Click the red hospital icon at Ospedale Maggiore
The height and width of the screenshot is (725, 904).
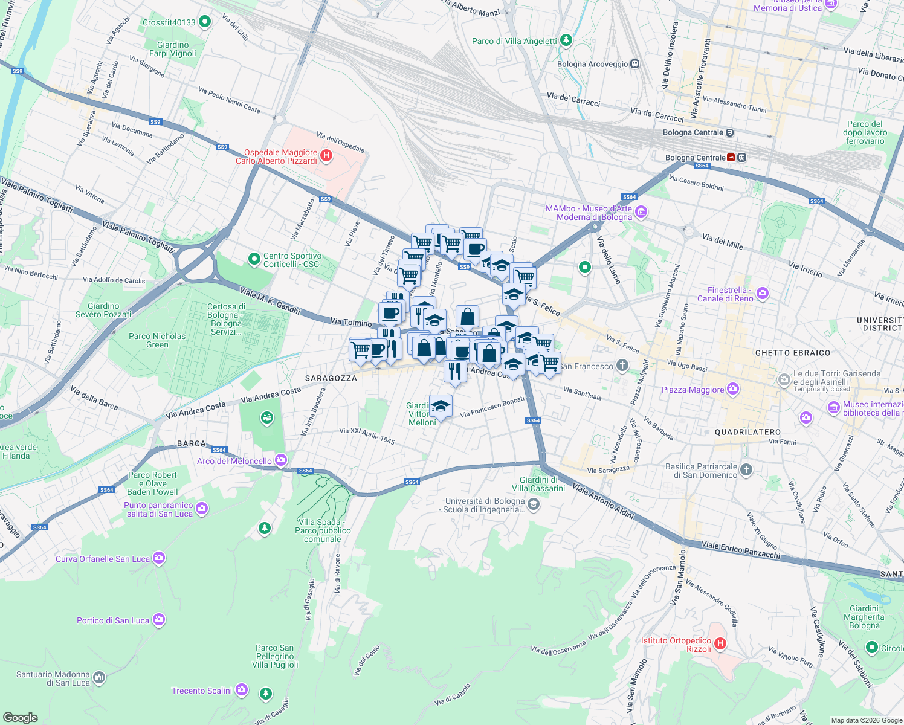pos(326,156)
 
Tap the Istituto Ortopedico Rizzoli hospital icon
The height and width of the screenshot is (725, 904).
pos(720,644)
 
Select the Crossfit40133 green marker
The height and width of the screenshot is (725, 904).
pos(205,22)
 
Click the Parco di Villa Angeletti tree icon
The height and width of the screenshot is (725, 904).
pos(566,40)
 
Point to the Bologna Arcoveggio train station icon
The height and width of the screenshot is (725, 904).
pos(634,64)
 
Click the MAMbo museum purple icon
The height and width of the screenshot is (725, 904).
pos(641,212)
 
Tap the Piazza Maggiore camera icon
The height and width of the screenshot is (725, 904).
pos(733,389)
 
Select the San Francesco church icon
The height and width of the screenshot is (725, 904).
pos(622,366)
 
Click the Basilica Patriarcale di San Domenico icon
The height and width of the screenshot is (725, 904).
pos(746,470)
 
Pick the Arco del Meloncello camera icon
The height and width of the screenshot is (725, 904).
pos(281,460)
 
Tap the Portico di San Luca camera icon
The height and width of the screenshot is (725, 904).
pos(158,620)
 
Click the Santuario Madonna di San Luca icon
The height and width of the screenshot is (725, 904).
pos(99,678)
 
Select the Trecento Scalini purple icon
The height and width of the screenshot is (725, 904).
pos(242,690)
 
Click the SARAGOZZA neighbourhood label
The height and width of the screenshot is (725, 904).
pos(331,378)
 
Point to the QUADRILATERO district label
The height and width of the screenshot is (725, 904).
pos(747,432)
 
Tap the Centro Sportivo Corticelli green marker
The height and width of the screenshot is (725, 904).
pos(254,259)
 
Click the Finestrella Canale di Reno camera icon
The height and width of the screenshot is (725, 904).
pos(763,294)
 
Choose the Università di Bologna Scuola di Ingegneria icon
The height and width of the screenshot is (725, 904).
pos(534,504)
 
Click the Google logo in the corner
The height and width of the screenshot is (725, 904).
pos(20,717)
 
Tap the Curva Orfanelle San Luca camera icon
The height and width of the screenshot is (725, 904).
pos(159,558)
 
